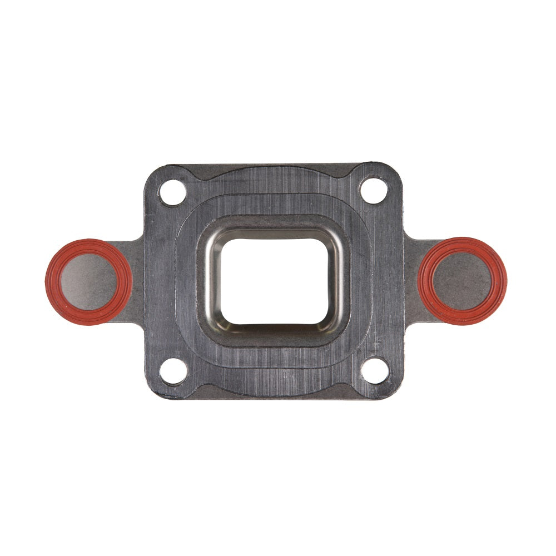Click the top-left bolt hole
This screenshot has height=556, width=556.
click(172, 192)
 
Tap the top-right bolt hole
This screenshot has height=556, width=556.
click(373, 190)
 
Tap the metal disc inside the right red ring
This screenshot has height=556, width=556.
click(463, 281)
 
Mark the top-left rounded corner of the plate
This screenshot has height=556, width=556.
click(153, 172)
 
